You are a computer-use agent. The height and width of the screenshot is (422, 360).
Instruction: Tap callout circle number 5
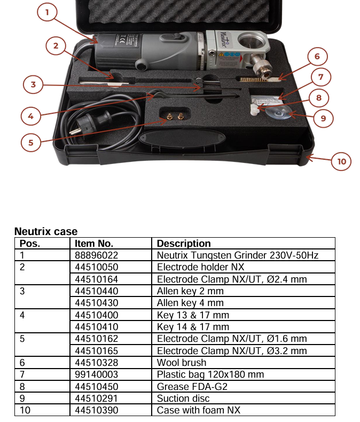tap(31, 143)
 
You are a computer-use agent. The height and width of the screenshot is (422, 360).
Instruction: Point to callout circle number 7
tap(320, 77)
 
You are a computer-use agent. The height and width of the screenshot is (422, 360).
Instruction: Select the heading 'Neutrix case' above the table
tap(46, 232)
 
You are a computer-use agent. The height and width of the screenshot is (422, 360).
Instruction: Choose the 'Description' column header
tap(184, 244)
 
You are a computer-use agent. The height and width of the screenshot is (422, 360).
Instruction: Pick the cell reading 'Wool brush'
tap(182, 363)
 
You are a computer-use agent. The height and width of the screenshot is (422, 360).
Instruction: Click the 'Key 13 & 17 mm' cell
tap(193, 315)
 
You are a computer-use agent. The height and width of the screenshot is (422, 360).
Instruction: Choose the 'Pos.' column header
tap(30, 244)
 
